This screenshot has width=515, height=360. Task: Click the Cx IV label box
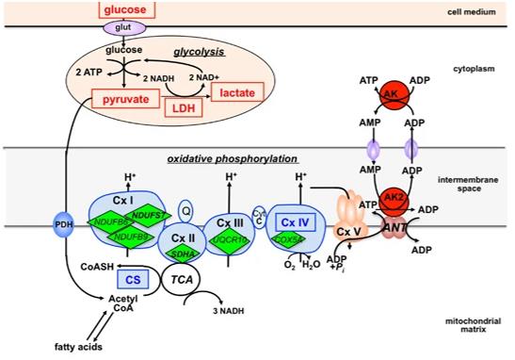pos(297,222)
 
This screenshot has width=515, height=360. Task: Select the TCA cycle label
pos(183,279)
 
